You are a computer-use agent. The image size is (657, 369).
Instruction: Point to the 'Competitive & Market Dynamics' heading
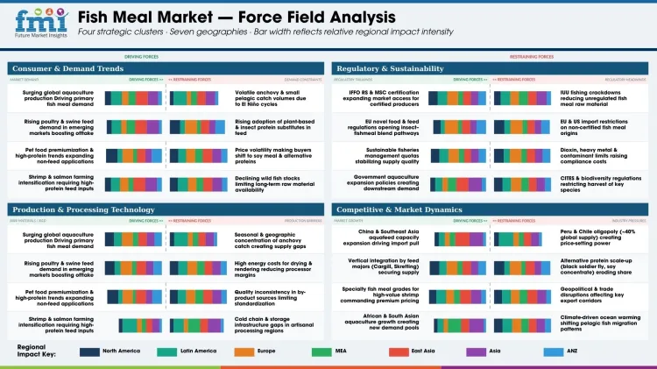tap(399, 209)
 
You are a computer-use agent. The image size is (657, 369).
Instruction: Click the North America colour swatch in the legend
tap(88, 351)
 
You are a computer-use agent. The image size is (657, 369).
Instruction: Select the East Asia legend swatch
tap(399, 351)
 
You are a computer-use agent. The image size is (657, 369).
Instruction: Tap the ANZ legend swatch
tap(554, 351)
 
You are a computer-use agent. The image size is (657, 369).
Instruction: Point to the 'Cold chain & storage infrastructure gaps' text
tap(272, 327)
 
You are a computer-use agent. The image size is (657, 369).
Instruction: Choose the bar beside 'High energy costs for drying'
tap(200, 269)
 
